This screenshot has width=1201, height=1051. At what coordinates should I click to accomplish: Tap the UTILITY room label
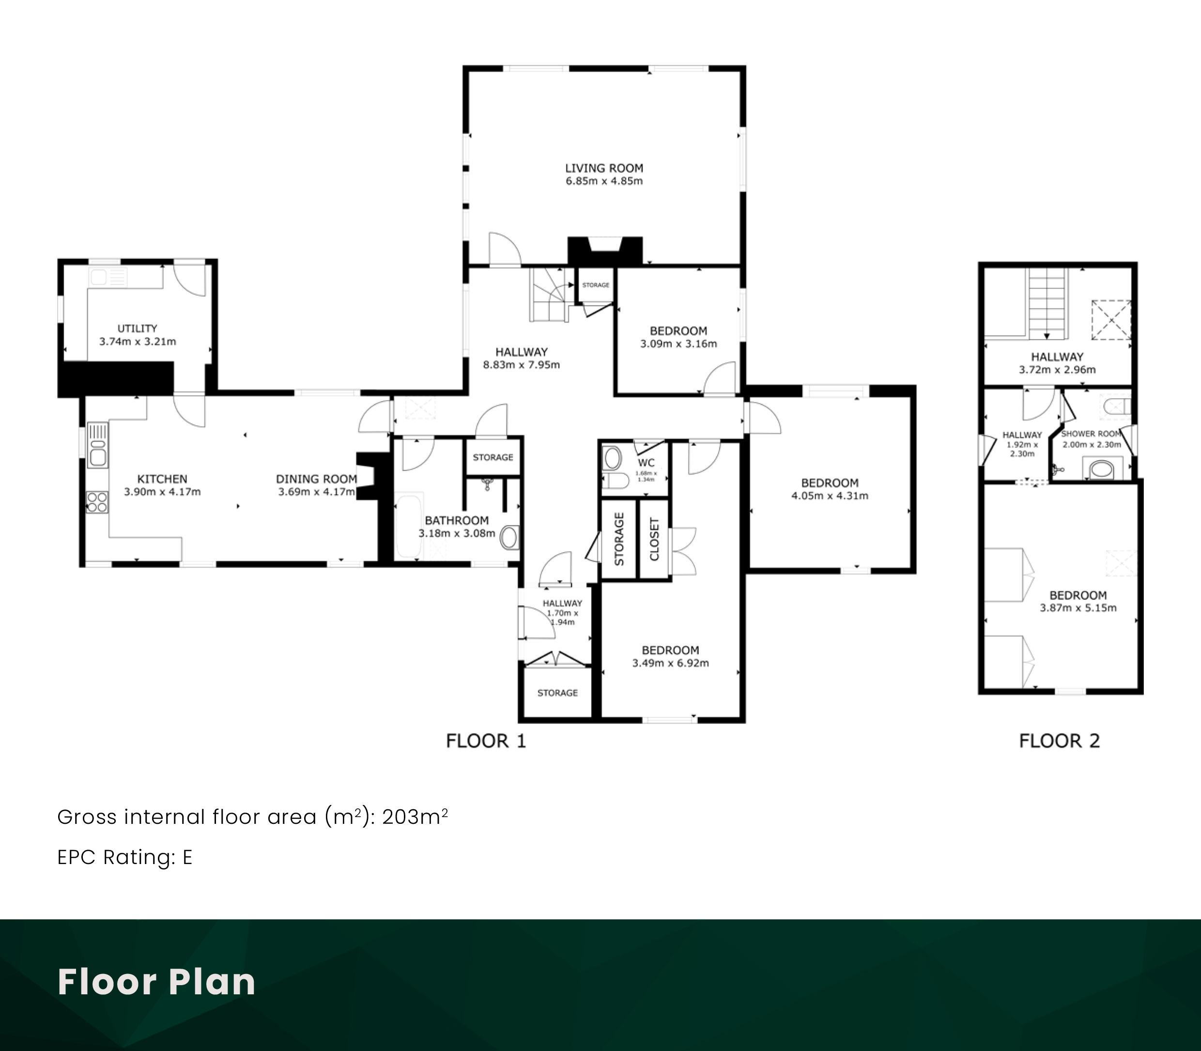(x=137, y=328)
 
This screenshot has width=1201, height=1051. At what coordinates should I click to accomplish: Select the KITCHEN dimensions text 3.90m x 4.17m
(x=162, y=492)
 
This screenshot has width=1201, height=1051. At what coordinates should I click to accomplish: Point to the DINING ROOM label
(x=317, y=479)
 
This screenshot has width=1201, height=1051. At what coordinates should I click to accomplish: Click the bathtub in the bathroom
(x=409, y=526)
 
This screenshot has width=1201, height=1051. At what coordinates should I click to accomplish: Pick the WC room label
(x=646, y=463)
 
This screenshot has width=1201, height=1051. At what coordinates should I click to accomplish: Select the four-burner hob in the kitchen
(x=97, y=502)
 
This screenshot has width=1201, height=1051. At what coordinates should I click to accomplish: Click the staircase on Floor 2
(x=1047, y=304)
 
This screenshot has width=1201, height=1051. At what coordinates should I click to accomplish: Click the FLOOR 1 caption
(x=486, y=742)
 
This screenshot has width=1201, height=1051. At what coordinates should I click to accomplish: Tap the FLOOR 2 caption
(x=1060, y=742)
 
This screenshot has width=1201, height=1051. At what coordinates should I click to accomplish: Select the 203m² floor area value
(x=415, y=817)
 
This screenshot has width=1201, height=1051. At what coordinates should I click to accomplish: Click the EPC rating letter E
(x=187, y=857)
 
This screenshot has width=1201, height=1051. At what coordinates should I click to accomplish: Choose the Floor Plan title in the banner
(x=156, y=982)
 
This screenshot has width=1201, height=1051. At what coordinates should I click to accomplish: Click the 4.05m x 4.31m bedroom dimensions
(x=830, y=495)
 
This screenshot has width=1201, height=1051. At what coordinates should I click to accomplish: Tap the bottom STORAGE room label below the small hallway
(x=558, y=693)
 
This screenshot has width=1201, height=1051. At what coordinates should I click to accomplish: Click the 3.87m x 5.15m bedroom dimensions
(x=1078, y=608)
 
